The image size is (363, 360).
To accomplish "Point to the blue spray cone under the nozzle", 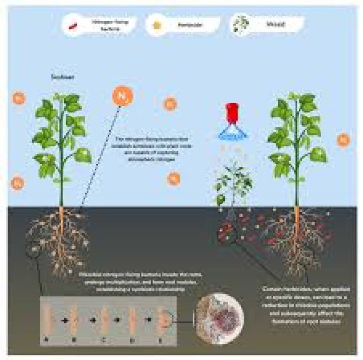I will coord(232,132).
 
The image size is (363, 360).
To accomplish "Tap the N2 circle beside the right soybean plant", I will coord(343,140).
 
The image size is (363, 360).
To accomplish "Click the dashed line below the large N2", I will coord(100,155).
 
